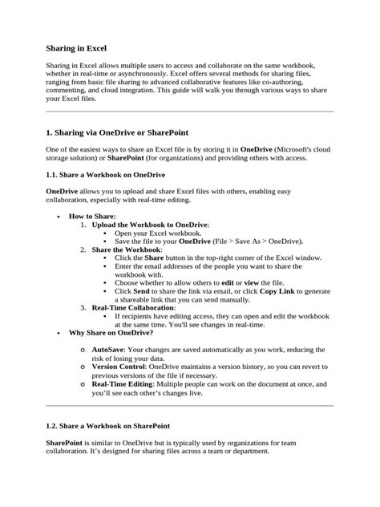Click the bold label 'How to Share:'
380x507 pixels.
point(92,217)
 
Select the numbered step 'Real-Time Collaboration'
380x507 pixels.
point(133,307)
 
